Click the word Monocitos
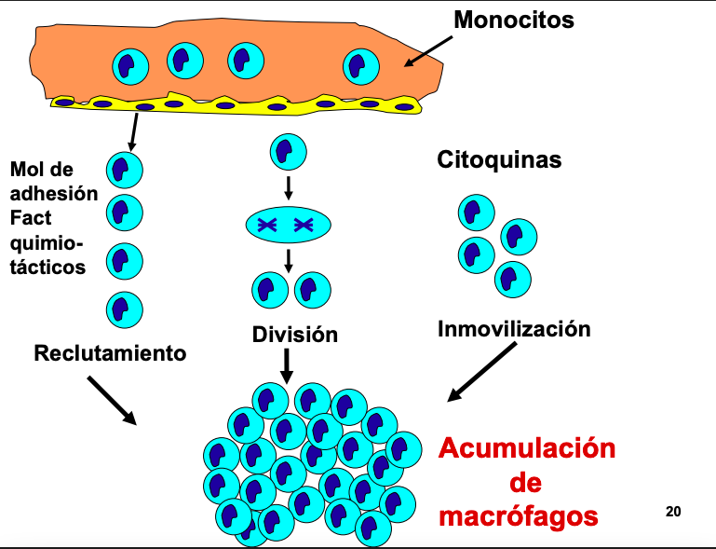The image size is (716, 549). (x=514, y=19)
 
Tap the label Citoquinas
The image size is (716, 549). (x=499, y=159)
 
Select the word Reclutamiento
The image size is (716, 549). (x=110, y=353)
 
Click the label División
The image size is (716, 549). (x=295, y=334)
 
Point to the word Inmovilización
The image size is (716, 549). (x=514, y=328)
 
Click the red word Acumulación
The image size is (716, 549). (x=527, y=448)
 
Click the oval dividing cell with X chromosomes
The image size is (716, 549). (x=288, y=224)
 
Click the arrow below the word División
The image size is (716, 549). (x=288, y=364)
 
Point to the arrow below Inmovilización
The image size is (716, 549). (x=481, y=372)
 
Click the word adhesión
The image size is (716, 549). (x=53, y=194)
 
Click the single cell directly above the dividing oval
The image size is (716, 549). (x=288, y=150)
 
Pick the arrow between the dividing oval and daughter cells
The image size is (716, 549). (x=289, y=256)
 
